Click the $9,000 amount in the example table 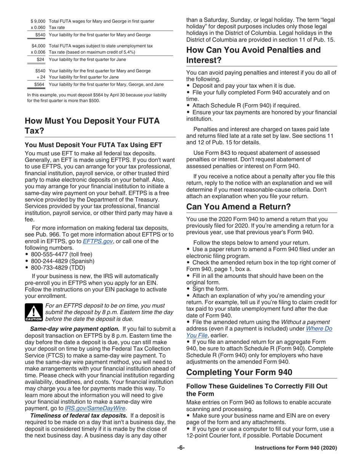coord(38,21)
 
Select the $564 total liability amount coord(40,84)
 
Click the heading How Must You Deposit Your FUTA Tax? coord(92,126)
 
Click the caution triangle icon coord(33,312)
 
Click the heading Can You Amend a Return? coord(238,207)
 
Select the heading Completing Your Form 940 coord(239,372)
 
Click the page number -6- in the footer coord(181,448)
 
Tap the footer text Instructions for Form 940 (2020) coord(296,448)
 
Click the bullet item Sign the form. coord(210,289)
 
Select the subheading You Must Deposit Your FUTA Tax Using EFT coord(93,145)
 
